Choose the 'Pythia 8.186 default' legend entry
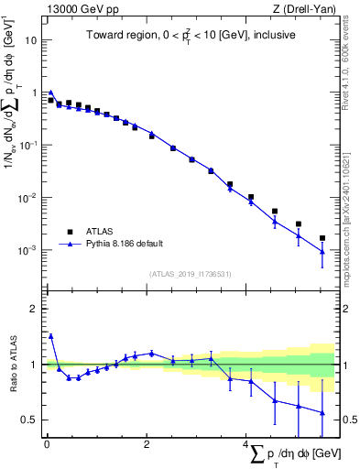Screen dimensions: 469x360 pos(135,244)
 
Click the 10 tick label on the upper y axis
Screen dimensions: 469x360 pos(32,40)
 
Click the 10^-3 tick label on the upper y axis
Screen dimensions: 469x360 pos(28,250)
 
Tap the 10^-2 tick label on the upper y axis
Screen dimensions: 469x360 pos(28,198)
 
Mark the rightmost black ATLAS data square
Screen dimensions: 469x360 pos(322,238)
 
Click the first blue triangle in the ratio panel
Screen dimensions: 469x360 pos(51,336)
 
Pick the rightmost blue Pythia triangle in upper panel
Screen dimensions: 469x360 pos(322,252)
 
